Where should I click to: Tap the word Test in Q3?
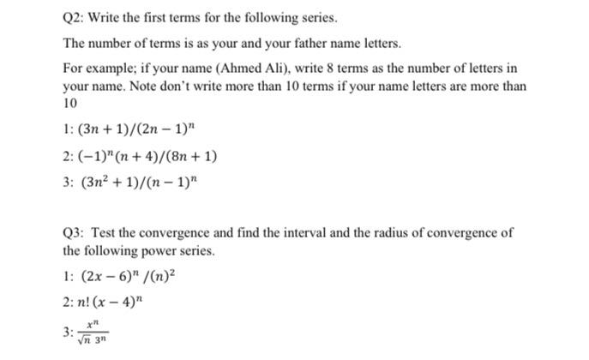[103, 233]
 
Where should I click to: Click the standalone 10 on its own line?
[70, 104]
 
